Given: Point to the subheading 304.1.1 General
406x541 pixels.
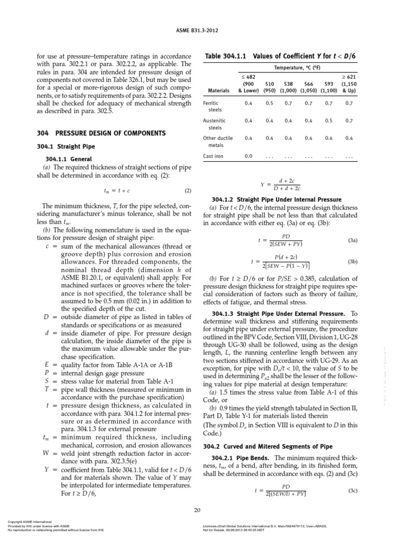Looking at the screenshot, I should coord(69,158).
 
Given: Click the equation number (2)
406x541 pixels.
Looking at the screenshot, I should coord(188,190).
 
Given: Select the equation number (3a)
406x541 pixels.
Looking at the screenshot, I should coord(353,240).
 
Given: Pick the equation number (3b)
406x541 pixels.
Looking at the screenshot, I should coord(353,261).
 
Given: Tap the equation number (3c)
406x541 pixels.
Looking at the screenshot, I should coord(353,491).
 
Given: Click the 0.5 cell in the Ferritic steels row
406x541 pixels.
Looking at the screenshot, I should coord(270,104).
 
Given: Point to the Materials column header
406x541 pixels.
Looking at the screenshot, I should coord(219,90).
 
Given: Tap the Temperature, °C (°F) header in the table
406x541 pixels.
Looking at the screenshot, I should coord(299,68).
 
